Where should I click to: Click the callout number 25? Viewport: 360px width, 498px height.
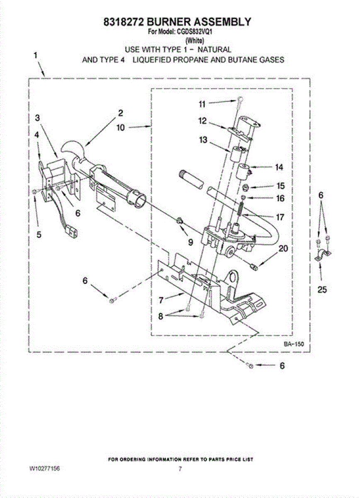point(322,290)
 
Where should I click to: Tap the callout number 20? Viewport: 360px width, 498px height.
point(283,249)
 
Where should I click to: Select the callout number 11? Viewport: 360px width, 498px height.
point(202,104)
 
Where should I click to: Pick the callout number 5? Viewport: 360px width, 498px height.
point(39,234)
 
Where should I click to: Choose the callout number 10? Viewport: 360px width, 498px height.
point(120,128)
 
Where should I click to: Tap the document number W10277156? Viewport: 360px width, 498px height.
point(45,469)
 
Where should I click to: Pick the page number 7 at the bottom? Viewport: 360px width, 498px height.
point(180,469)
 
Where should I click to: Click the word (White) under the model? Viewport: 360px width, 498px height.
point(194,41)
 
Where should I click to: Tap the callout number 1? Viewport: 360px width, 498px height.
point(36,55)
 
